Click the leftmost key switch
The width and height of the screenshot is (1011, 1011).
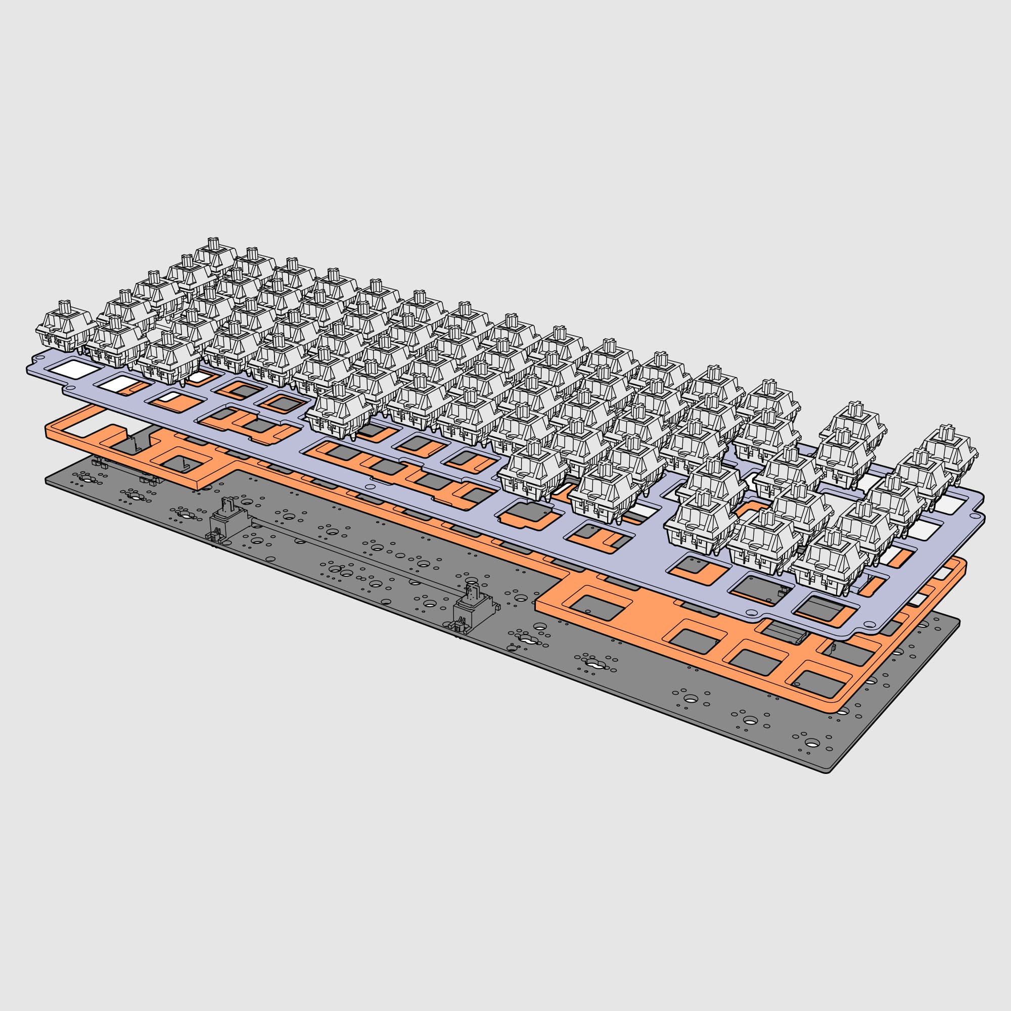65,330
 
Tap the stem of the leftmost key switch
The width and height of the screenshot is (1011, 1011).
65,308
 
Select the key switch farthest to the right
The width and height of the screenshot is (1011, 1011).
949,455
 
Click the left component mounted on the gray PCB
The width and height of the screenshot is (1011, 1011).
228,519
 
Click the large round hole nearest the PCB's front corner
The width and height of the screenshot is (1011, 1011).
812,743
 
